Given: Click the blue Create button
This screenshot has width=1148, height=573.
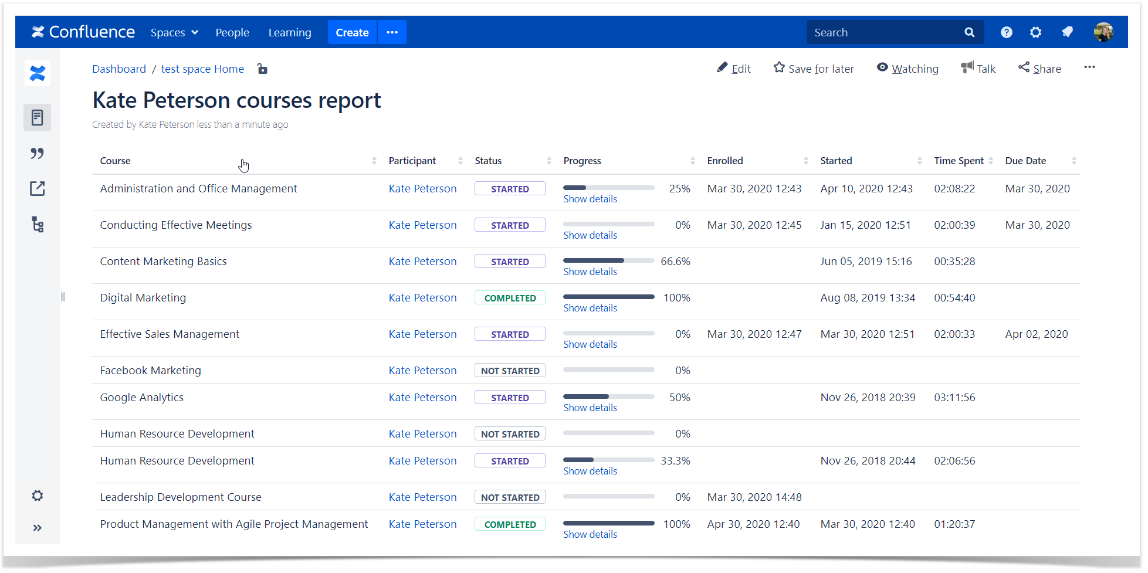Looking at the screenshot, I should (352, 33).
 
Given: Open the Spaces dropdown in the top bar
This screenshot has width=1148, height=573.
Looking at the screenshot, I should (174, 33).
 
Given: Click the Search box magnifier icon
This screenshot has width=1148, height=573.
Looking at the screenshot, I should (969, 33).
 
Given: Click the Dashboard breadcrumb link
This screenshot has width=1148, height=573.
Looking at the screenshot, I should (119, 69).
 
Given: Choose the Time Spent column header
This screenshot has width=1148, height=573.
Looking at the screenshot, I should (959, 161).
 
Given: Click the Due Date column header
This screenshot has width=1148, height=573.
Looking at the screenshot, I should (1025, 161).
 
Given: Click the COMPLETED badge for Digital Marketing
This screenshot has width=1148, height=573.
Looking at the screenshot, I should (510, 298).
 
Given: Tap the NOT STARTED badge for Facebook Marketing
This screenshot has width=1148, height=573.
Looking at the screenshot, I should (510, 371).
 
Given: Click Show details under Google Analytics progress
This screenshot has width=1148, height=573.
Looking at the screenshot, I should (590, 408).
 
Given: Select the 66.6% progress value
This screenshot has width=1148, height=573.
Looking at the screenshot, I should (675, 262).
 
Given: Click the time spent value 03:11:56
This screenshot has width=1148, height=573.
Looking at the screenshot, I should (954, 398).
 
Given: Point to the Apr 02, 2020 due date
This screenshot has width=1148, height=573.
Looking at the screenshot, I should (1036, 334).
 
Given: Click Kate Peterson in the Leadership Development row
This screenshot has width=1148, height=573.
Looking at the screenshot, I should (422, 497).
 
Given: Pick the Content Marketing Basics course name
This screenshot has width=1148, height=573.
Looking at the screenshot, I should (163, 262).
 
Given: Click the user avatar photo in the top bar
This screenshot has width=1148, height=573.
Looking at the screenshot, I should (1103, 32).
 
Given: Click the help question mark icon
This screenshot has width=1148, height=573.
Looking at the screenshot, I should (1006, 33).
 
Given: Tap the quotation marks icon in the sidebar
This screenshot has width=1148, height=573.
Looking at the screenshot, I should (38, 153).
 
